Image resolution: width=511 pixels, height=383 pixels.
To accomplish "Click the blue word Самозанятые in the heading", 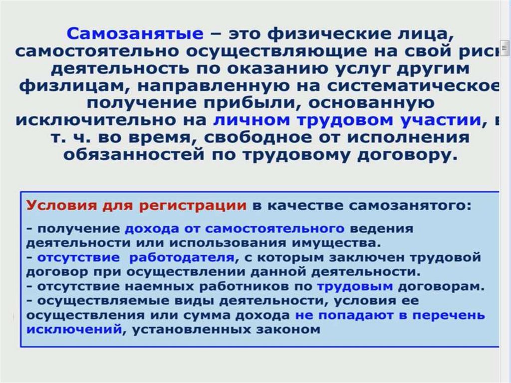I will point(135,34).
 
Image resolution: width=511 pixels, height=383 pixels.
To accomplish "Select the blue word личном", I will point(249,120).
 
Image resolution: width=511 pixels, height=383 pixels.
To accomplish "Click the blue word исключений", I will point(74,330).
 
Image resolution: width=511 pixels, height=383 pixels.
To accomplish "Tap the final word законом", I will point(287,330).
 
